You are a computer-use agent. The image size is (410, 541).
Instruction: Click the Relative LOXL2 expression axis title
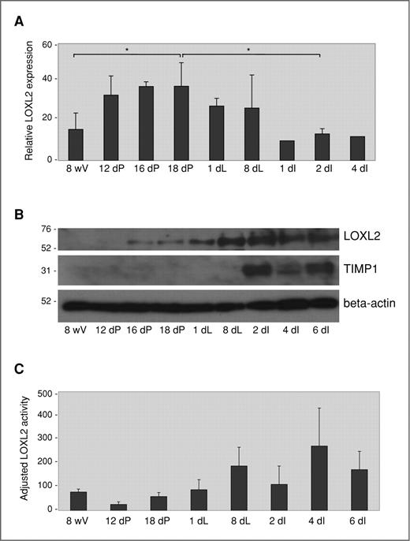coord(29,103)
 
